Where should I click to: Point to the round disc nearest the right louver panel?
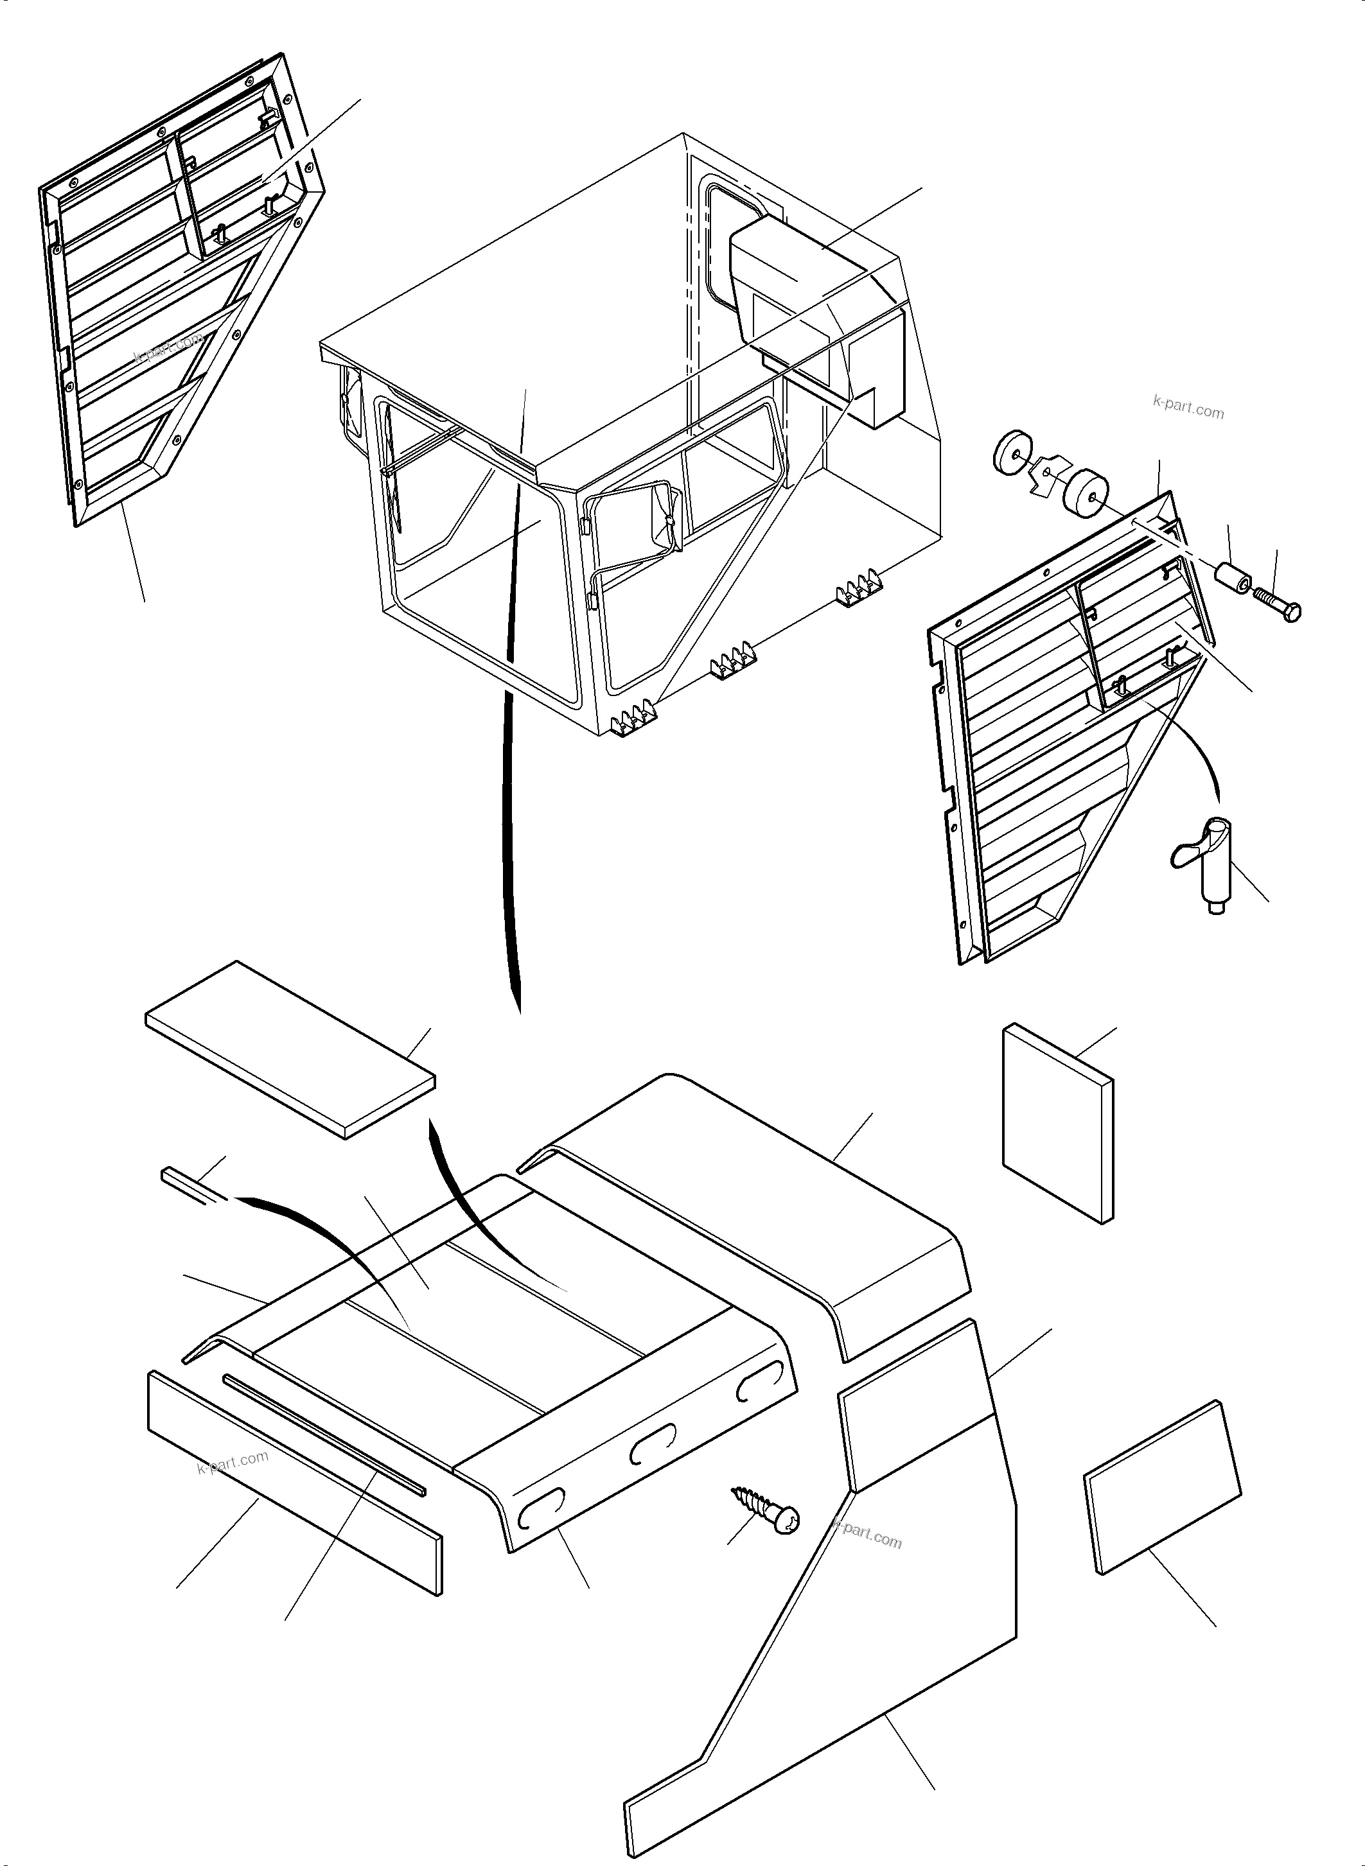pyautogui.click(x=1085, y=493)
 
